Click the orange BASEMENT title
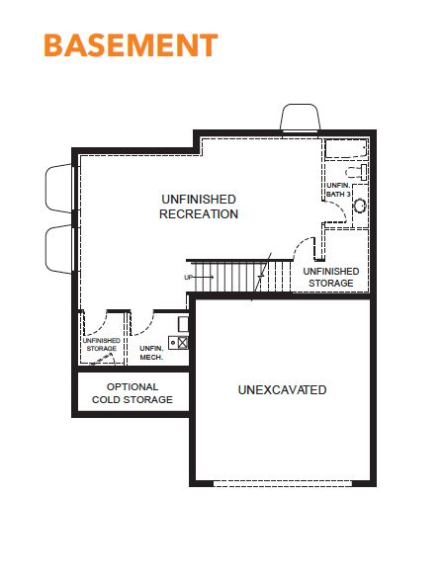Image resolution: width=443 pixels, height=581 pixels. (x=131, y=45)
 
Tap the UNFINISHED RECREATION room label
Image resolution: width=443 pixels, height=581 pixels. (x=199, y=207)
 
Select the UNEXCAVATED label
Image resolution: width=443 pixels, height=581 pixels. (x=282, y=389)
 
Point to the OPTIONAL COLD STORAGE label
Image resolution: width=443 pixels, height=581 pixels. (x=133, y=393)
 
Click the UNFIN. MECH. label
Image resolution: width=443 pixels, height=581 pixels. (x=151, y=353)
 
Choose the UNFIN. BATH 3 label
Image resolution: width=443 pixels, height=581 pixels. (x=338, y=190)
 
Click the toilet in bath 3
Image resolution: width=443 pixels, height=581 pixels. (x=356, y=172)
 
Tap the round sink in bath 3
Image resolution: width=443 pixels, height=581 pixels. (x=360, y=206)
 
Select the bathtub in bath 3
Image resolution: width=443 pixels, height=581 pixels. (x=347, y=149)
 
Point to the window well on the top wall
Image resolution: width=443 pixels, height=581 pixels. (x=300, y=117)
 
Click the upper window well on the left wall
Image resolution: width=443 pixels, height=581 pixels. (x=58, y=188)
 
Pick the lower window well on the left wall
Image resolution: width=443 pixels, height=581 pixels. (x=58, y=249)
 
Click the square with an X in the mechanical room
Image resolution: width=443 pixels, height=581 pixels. (x=183, y=342)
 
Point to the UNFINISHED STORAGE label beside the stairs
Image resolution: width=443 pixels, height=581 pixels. (x=331, y=277)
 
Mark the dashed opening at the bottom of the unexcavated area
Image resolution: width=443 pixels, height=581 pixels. (x=283, y=483)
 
